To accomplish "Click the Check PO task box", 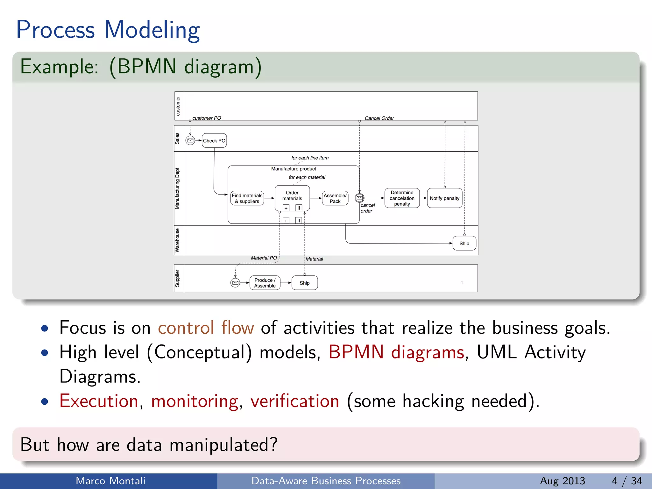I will click(x=214, y=140).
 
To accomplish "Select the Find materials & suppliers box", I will click(x=247, y=198).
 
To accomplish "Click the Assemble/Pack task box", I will click(x=335, y=198).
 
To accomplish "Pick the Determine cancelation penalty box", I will click(x=402, y=198).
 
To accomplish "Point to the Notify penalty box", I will click(x=444, y=198).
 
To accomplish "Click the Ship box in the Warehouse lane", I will click(x=464, y=243).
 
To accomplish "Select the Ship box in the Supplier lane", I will click(x=304, y=283).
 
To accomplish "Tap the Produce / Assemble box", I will click(x=265, y=283).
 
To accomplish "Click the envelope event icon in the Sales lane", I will click(x=190, y=140).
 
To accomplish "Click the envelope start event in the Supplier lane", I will click(x=235, y=283).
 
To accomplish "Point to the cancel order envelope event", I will click(x=359, y=198).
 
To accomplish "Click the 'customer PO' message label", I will click(x=207, y=118).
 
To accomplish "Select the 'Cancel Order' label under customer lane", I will click(x=379, y=118).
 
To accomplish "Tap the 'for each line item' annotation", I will click(x=310, y=158).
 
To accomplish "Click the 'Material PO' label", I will click(x=264, y=258).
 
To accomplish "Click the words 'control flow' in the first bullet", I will click(x=206, y=328).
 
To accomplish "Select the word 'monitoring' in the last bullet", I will click(x=195, y=401).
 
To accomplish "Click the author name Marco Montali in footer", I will click(x=110, y=481).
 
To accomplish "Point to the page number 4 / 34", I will click(x=627, y=481).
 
